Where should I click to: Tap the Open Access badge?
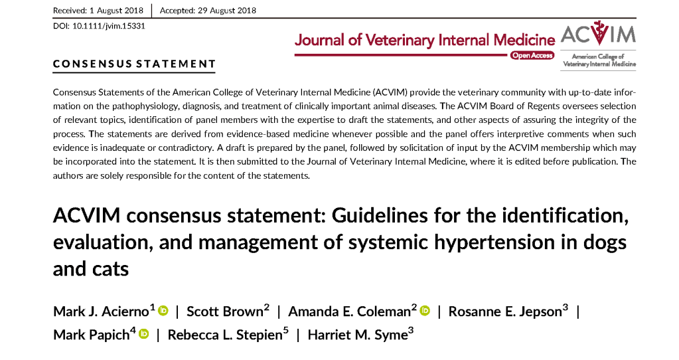[x=532, y=56]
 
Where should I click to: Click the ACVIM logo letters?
[x=598, y=34]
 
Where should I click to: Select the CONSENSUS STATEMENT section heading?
[x=135, y=64]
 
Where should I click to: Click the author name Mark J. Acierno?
[x=104, y=312]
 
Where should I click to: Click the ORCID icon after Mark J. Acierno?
[x=163, y=311]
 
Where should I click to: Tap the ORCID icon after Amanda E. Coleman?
[x=425, y=311]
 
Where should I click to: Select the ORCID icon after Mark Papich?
[x=143, y=334]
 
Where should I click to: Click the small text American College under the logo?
[x=598, y=58]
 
